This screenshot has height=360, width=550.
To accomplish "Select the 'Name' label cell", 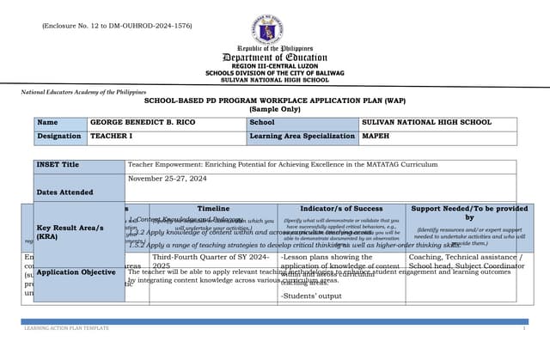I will coord(60,123).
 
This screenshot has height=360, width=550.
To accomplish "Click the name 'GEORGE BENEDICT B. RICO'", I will coord(144,123).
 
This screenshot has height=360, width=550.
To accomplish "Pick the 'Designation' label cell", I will coord(60,137).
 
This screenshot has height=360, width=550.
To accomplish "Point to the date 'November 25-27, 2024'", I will coord(168,179).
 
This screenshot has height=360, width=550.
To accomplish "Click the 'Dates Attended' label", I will coord(65,192).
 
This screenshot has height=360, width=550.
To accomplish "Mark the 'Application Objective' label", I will coord(76,272).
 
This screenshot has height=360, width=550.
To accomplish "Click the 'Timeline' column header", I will coord(213,209).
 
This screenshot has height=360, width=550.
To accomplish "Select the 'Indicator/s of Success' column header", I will coord(341,209).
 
